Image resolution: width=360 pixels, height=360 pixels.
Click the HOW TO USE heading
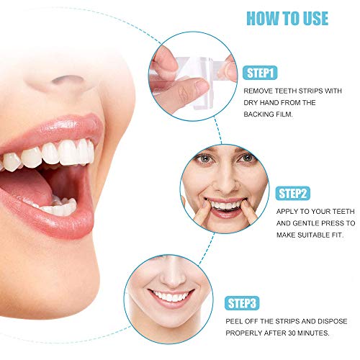click(287, 19)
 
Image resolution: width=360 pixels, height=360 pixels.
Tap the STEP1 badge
click(260, 73)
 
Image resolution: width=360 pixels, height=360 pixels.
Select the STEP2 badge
click(293, 194)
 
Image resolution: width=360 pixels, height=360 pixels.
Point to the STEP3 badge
click(242, 303)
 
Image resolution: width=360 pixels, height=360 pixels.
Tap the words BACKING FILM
click(269, 114)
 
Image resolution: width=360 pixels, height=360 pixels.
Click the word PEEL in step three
click(234, 321)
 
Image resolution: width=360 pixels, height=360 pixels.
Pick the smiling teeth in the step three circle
click(171, 297)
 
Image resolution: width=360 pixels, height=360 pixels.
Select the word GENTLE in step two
click(305, 223)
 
